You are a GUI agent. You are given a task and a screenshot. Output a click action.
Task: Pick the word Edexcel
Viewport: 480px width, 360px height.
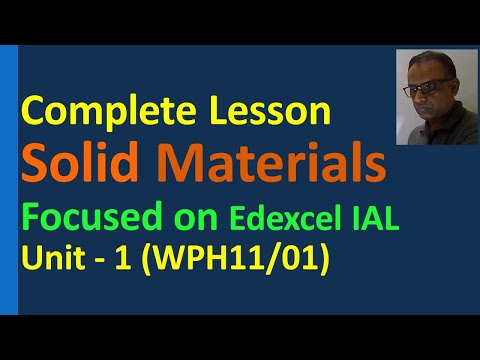(x=291, y=218)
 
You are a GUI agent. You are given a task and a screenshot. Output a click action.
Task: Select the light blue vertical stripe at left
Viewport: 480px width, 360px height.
(x=11, y=180)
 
